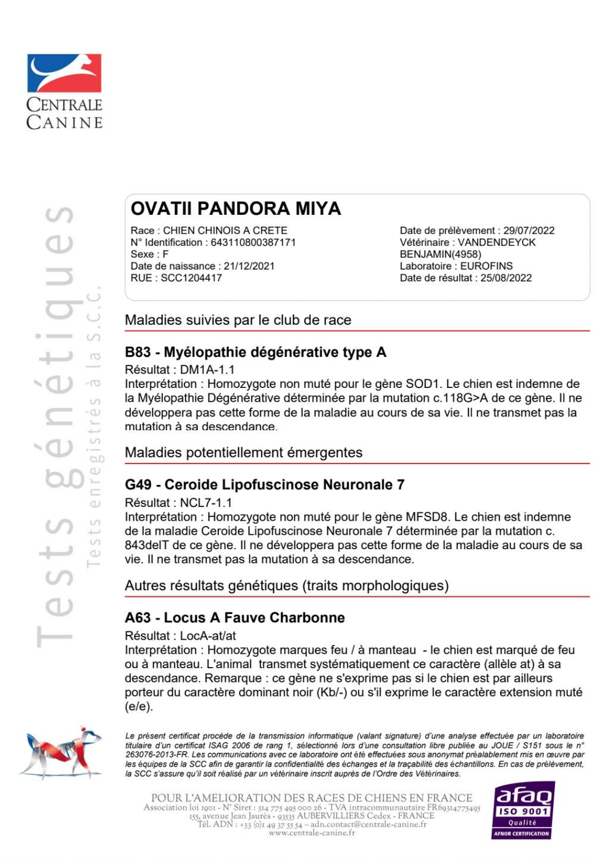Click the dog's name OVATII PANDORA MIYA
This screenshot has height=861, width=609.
point(236,209)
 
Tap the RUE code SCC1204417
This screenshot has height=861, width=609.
point(191,278)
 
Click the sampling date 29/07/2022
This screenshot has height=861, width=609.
point(529,230)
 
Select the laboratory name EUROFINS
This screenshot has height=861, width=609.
point(486,266)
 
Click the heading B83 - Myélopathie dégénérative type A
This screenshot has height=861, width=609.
point(255,352)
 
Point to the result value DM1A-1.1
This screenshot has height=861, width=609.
point(207,370)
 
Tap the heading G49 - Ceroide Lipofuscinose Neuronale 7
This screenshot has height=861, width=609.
point(264,485)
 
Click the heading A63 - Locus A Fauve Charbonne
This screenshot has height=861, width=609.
point(234,618)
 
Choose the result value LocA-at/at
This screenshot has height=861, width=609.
point(208,635)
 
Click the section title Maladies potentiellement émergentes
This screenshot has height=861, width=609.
point(243,453)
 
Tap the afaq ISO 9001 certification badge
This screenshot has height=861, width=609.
point(522,810)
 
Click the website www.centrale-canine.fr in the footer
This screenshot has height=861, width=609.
point(312,833)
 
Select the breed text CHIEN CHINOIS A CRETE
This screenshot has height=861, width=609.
point(225,230)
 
